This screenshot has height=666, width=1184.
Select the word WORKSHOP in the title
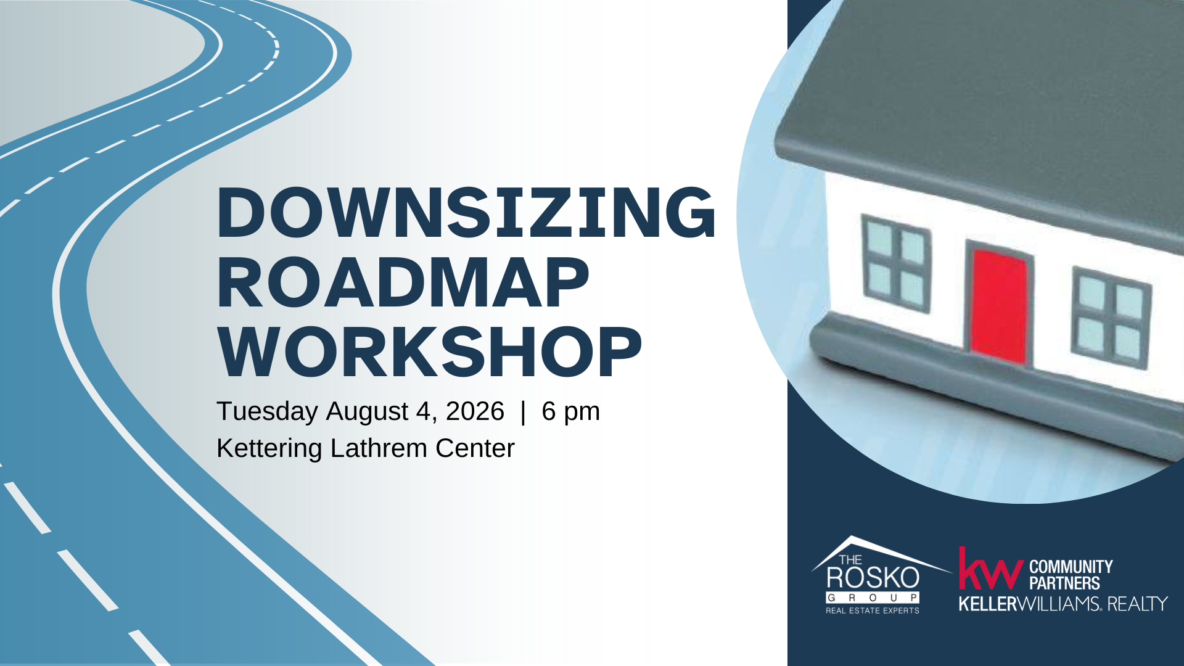[429, 353]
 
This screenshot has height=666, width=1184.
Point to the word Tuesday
[267, 412]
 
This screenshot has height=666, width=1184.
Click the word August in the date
[366, 412]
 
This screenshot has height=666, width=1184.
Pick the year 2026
[475, 411]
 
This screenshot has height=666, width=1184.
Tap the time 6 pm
[570, 412]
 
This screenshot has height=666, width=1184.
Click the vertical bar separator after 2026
[523, 411]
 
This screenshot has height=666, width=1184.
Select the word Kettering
[269, 449]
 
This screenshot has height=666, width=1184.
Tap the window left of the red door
[896, 263]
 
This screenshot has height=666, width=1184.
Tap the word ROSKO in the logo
[873, 578]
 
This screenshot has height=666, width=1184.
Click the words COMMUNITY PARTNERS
[1071, 575]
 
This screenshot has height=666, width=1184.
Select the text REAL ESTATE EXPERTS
[873, 610]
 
